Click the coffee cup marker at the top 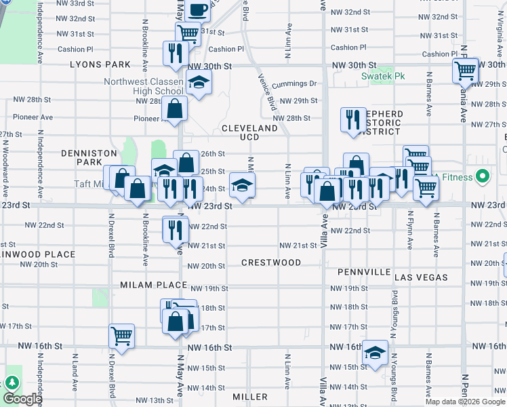coord(198,9)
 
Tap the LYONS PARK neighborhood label coord(100,64)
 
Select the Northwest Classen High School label coord(143,86)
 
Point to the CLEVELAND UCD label coord(250,132)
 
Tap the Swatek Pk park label coord(383,77)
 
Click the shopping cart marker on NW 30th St coord(466,69)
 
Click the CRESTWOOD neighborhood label coord(266,262)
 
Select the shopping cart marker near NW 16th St coord(121,335)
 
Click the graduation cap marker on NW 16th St coord(375,351)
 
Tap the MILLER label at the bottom coord(249,396)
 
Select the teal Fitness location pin coord(483,177)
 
